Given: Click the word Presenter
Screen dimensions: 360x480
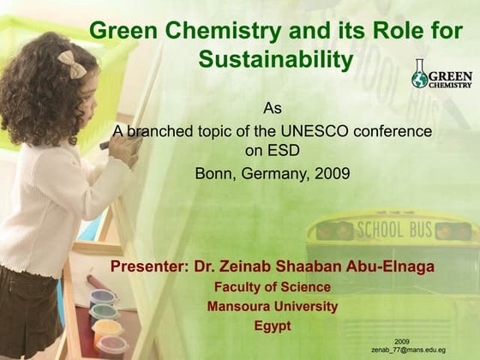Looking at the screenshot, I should click(149, 267).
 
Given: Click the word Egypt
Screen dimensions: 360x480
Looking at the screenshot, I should click(272, 326).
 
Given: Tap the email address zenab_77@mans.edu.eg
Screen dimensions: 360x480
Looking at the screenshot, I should click(408, 351).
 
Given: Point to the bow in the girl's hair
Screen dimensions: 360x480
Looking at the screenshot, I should click(72, 63).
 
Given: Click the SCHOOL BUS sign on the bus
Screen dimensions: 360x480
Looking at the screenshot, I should click(394, 229).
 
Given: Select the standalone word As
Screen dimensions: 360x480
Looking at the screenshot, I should click(272, 109).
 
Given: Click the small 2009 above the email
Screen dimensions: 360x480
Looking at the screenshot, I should click(401, 341).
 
